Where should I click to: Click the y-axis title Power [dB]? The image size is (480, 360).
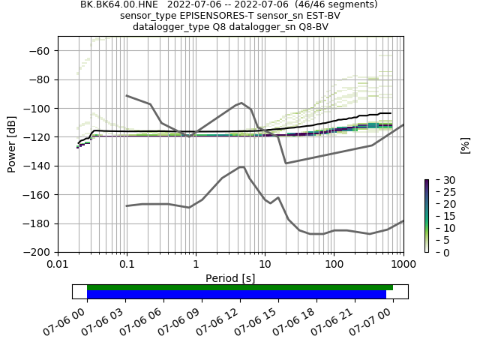click(x=12, y=144)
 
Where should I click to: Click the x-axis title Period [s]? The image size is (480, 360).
click(x=230, y=278)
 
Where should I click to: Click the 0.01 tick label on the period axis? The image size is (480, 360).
click(x=58, y=264)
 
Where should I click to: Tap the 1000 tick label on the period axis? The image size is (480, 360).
click(x=403, y=264)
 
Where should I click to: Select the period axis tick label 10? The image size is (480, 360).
click(x=265, y=264)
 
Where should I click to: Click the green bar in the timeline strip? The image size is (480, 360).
click(x=240, y=287)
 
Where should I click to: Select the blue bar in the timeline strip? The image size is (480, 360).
click(x=236, y=294)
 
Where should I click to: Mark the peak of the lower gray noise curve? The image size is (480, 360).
click(x=241, y=166)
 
